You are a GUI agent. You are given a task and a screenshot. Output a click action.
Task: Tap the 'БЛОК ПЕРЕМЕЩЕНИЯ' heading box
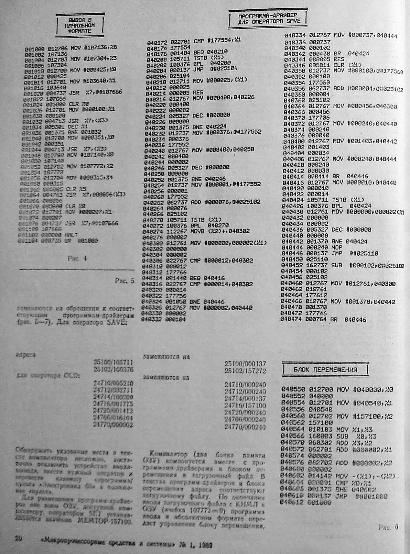click(325, 370)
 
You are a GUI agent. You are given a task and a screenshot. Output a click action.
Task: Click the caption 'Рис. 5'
click(124, 281)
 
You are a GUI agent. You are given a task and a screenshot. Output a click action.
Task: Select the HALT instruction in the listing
click(73, 235)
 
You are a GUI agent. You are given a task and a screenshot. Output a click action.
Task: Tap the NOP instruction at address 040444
click(339, 248)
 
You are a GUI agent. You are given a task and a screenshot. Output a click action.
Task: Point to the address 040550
click(293, 390)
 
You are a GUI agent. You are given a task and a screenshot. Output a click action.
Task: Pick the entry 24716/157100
click(245, 406)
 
